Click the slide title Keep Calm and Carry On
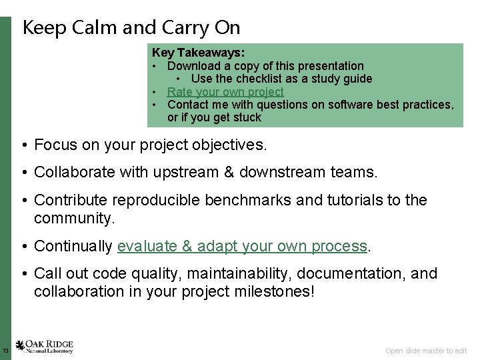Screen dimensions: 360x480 (131, 27)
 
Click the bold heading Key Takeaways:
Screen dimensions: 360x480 (198, 52)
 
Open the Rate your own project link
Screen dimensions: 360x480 (225, 91)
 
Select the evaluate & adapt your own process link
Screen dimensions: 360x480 (242, 246)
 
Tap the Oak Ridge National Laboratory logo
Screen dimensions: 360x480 (45, 347)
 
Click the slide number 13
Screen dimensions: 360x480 (5, 351)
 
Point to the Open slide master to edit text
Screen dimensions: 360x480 (426, 351)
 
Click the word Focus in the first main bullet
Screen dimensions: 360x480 (56, 145)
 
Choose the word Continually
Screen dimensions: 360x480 (73, 246)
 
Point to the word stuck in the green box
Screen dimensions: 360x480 (247, 117)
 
